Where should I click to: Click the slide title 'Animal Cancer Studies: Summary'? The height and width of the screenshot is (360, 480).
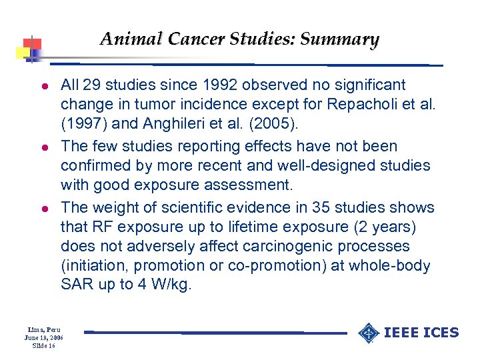(x=239, y=39)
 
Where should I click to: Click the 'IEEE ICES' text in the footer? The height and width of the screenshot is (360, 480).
(x=423, y=333)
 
